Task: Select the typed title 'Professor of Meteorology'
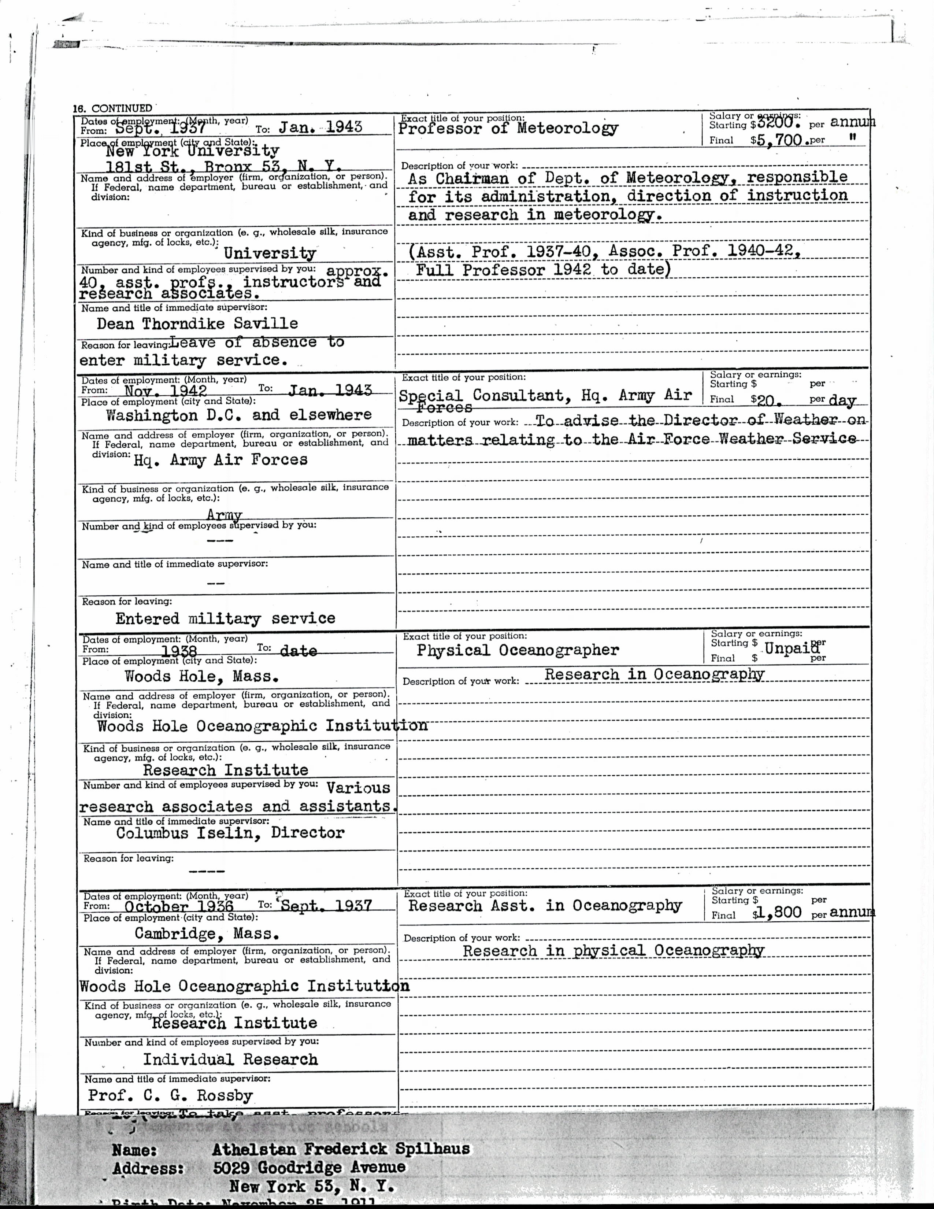click(x=508, y=129)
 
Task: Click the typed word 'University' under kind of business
click(x=270, y=254)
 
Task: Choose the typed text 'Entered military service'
click(x=225, y=618)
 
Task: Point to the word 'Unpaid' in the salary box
click(x=791, y=648)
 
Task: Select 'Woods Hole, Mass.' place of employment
click(x=201, y=676)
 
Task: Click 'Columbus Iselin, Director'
click(x=230, y=833)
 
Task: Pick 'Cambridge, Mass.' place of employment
click(x=206, y=934)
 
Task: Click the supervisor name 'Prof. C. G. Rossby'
click(x=170, y=1095)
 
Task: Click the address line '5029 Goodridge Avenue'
click(x=309, y=1168)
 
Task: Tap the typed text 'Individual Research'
click(x=230, y=1060)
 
